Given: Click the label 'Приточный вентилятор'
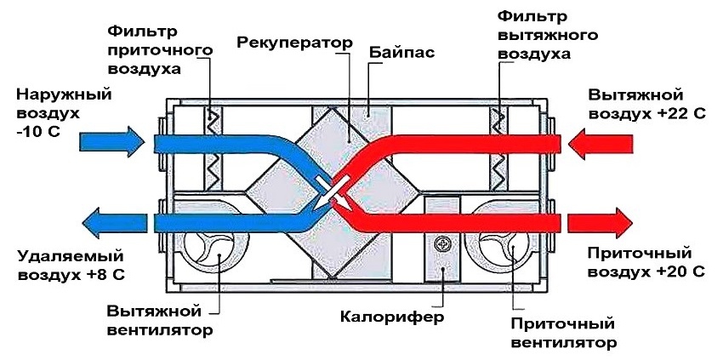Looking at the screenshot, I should pyautogui.click(x=562, y=334).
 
